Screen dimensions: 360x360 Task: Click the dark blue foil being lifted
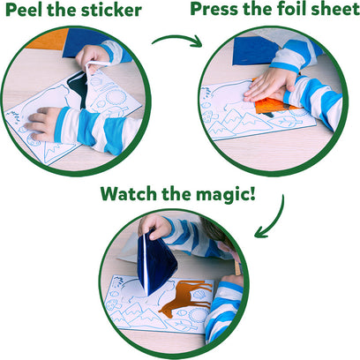pyautogui.click(x=159, y=261)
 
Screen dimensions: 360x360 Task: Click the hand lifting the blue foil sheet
pyautogui.click(x=155, y=226)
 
